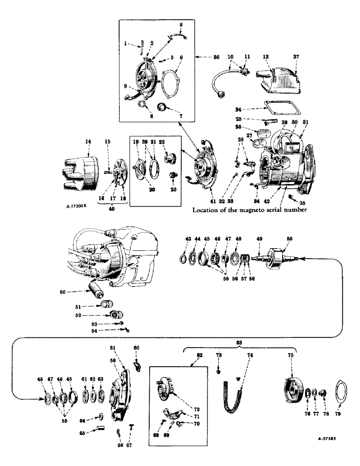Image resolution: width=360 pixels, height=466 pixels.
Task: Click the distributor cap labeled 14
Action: point(77,167)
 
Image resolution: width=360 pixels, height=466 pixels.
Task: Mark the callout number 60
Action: point(136,347)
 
